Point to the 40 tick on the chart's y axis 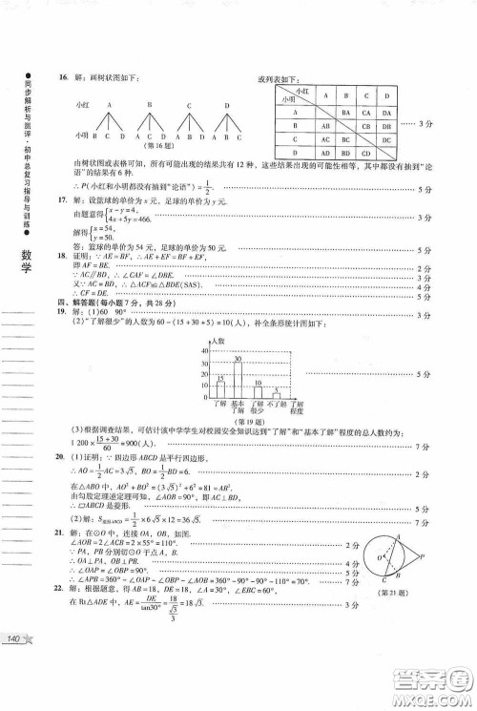[205, 353]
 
